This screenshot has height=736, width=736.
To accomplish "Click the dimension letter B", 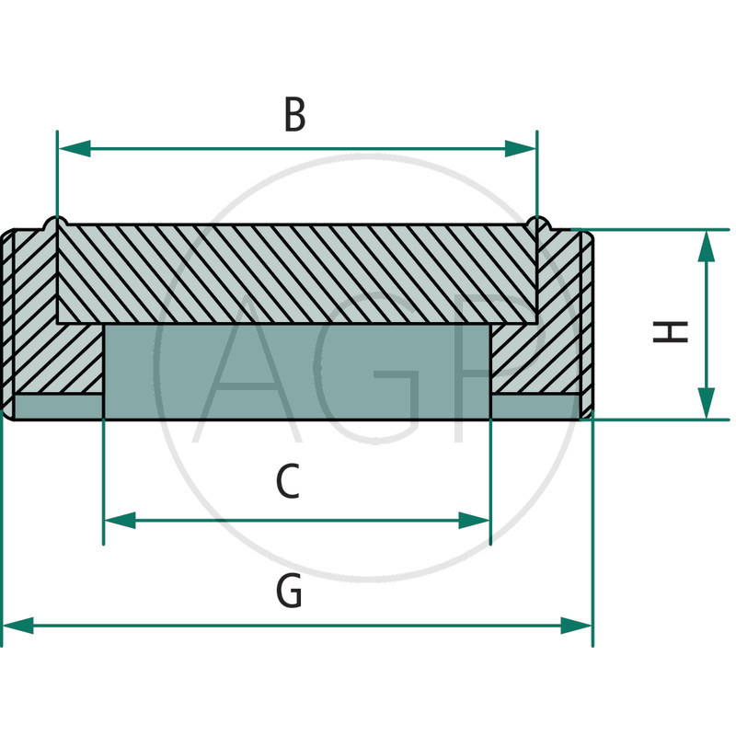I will coord(293,116).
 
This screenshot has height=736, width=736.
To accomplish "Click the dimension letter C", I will coord(288,482).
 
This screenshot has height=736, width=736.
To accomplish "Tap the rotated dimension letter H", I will coord(671,331).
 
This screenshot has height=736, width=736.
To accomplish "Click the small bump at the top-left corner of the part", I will coord(56,222).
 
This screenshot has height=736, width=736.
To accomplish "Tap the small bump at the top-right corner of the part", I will coord(538,222).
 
